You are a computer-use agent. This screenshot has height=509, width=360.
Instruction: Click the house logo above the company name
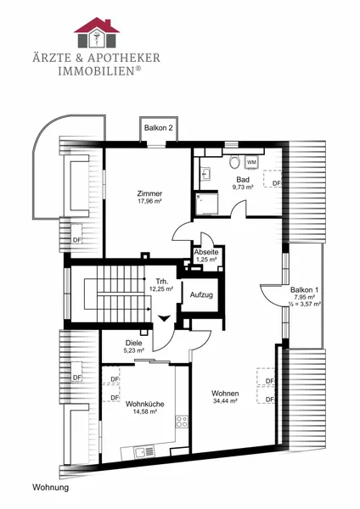(x=97, y=32)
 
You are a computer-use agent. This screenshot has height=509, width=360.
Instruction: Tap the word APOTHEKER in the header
(x=124, y=58)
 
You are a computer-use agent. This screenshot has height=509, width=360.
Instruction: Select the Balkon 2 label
(x=159, y=127)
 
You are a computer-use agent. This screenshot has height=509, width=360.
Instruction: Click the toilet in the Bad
(x=234, y=161)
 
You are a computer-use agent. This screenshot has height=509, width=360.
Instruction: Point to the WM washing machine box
(x=251, y=162)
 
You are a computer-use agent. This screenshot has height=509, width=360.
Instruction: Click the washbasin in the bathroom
(x=206, y=174)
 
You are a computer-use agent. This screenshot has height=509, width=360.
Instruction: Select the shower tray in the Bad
(x=206, y=204)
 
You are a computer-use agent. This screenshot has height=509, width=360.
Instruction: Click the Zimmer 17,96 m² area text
(x=149, y=201)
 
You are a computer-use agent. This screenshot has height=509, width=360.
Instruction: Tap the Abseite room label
(x=206, y=252)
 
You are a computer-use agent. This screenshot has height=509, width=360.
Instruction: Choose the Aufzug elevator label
(x=201, y=295)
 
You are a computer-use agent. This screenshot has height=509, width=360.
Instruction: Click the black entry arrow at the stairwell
(x=165, y=318)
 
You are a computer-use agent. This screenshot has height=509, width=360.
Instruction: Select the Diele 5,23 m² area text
(x=134, y=350)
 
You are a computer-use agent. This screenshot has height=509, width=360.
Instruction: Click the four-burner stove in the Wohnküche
(x=182, y=421)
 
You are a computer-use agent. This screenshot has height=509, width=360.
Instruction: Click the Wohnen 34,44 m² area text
(x=225, y=401)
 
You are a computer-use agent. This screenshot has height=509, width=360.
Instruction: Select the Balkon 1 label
(x=305, y=290)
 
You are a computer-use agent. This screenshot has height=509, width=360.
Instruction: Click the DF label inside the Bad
(x=277, y=183)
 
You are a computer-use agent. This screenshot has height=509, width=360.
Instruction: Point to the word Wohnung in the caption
(x=51, y=488)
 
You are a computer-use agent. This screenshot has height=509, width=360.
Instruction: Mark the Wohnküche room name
(x=145, y=404)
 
